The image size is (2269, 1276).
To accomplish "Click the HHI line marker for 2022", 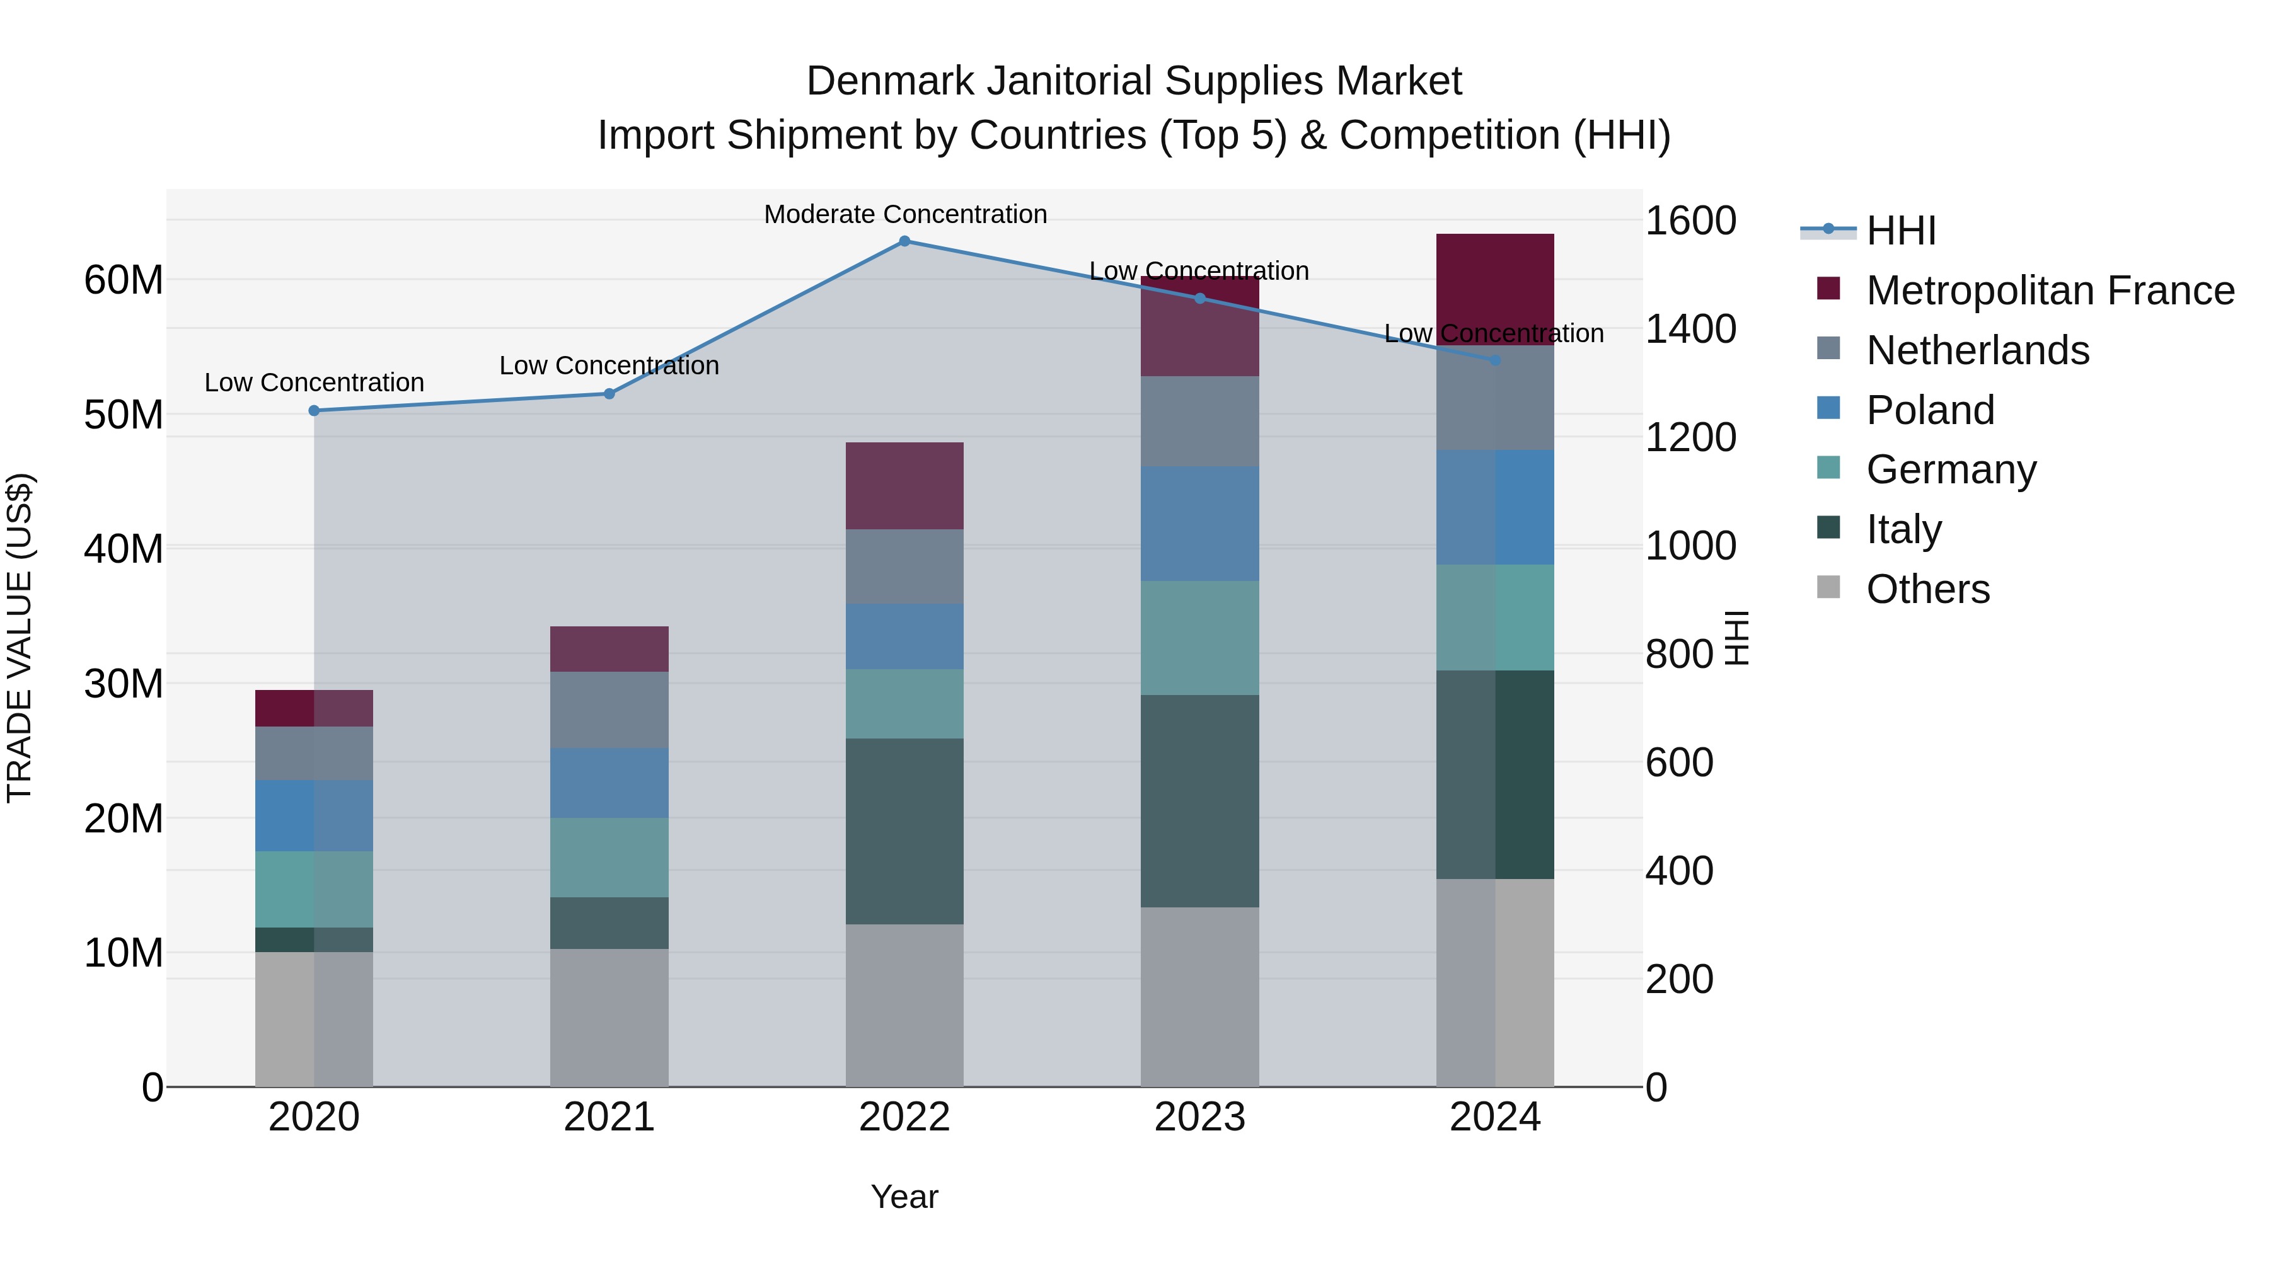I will [904, 241].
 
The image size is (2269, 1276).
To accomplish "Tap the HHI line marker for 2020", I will [314, 410].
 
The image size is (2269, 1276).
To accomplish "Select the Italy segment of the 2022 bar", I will [904, 831].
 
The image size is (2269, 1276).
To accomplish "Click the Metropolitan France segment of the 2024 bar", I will [1495, 289].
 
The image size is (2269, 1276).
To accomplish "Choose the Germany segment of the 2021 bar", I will [609, 857].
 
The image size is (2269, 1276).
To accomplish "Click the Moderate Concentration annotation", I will [904, 214].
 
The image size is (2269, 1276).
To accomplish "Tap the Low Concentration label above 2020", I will [314, 382].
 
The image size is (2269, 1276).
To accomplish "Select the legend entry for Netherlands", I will [1977, 350].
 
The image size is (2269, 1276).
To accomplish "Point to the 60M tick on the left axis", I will [124, 280].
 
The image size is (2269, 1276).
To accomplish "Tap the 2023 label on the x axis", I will [1199, 1117].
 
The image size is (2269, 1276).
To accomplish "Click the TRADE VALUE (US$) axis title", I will [20, 638].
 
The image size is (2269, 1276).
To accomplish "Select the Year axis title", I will [904, 1197].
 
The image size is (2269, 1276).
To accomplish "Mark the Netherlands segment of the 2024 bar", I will [1495, 398].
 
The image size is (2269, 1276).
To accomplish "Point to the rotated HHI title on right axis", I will [1735, 638].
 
